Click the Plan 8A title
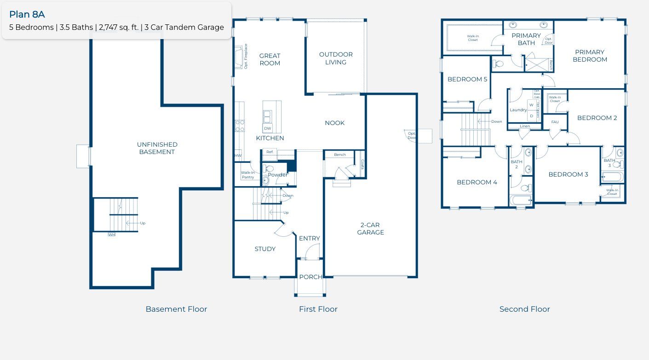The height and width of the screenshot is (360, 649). (x=27, y=14)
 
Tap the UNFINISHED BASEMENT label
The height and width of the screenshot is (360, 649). (x=157, y=148)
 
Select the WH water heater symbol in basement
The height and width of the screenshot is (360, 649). (x=111, y=235)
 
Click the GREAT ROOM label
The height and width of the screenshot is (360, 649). (x=270, y=59)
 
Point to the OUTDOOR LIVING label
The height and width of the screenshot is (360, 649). (x=336, y=58)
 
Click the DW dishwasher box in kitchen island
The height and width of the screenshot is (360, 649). (x=268, y=128)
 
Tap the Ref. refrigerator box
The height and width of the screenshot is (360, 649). (x=270, y=152)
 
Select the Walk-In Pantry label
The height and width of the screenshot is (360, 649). (x=248, y=175)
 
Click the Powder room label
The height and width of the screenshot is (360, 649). (x=278, y=175)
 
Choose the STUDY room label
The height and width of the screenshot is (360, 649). (x=265, y=249)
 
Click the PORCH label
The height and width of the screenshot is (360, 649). (x=311, y=277)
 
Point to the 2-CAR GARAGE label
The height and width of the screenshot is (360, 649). (x=371, y=229)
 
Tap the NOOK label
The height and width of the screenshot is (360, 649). (x=334, y=123)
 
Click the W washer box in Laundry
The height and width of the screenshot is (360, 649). (x=531, y=105)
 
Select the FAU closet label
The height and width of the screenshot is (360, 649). (x=555, y=122)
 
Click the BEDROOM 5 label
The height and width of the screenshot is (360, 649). (x=467, y=79)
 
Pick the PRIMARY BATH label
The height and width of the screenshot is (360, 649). (x=526, y=39)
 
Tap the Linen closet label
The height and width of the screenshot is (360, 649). (x=525, y=126)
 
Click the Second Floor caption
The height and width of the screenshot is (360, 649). (x=524, y=309)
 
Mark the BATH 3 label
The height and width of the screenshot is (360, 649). (x=609, y=163)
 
